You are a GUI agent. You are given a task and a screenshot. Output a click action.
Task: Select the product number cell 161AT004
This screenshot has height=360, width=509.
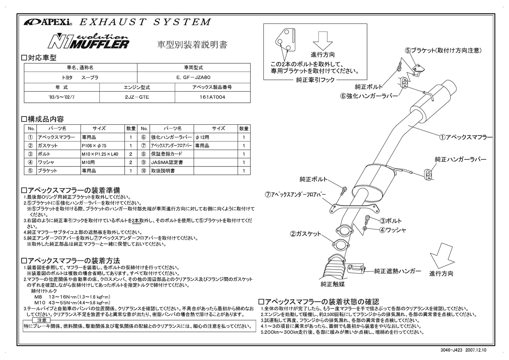click(213, 97)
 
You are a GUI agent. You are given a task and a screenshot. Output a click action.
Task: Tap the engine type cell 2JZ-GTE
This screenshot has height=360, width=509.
click(137, 97)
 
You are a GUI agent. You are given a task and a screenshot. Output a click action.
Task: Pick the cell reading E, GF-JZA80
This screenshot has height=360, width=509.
click(193, 77)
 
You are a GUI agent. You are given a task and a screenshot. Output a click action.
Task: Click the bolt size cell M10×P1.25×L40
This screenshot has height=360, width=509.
click(100, 154)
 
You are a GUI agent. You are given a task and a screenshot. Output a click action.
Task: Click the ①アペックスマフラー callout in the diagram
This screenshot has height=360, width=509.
click(466, 137)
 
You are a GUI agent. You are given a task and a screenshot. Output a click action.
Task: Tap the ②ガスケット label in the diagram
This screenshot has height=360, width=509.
click(306, 234)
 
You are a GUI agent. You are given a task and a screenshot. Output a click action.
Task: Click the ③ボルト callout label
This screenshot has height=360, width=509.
click(391, 221)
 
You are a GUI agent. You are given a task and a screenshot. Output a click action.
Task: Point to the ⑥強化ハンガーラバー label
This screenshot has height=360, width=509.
click(369, 95)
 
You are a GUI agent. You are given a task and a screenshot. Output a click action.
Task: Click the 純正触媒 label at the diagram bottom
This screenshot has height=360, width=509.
click(332, 284)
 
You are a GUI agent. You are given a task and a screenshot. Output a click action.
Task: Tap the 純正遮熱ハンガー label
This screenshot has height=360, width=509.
click(397, 271)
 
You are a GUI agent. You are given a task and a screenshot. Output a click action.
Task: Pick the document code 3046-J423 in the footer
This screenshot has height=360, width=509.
click(455, 350)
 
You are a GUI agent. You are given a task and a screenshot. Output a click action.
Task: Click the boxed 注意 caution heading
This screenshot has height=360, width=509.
click(42, 320)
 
